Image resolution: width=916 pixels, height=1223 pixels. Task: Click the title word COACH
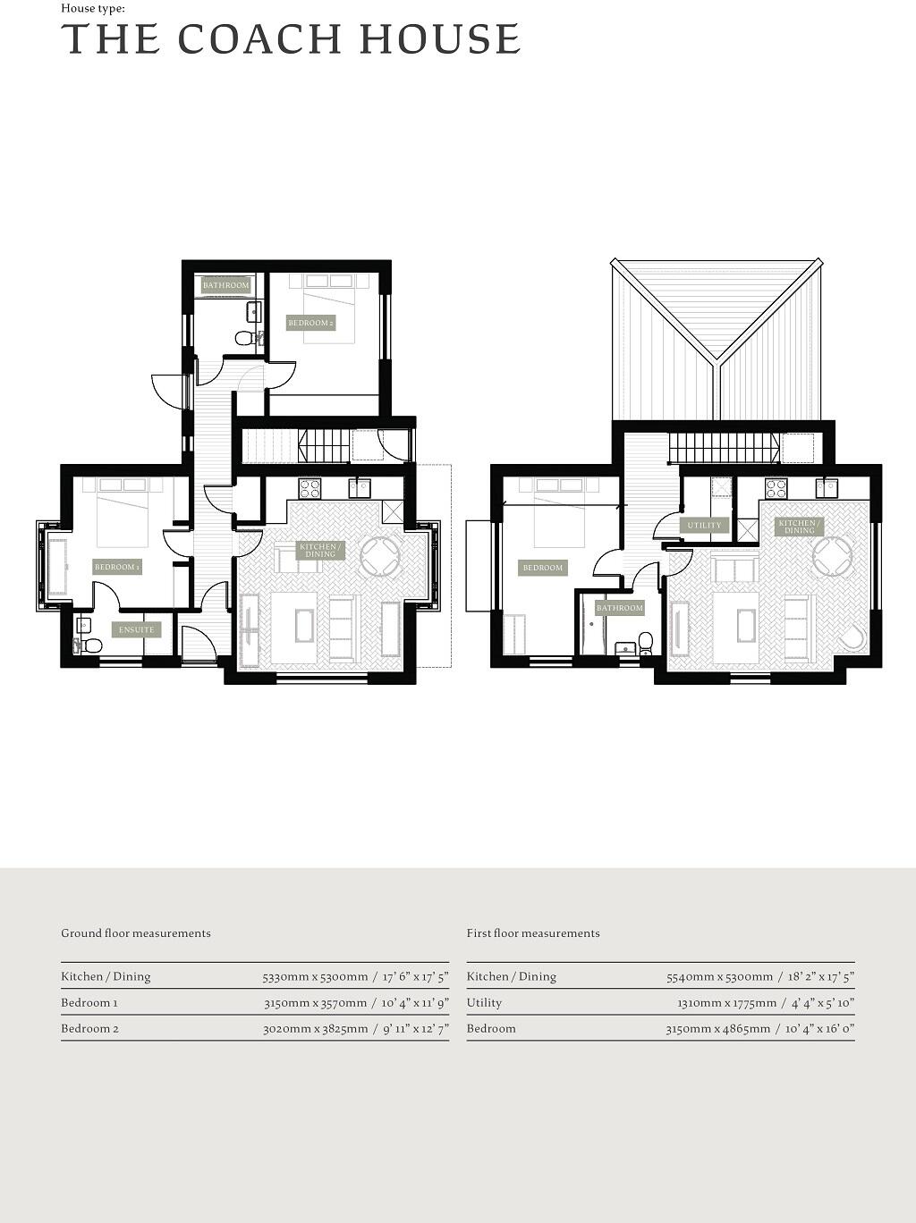pos(259,39)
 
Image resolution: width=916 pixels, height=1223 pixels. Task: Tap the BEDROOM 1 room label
pos(117,567)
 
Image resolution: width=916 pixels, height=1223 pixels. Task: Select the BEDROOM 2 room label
pos(310,323)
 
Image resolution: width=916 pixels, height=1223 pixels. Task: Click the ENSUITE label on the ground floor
pos(136,629)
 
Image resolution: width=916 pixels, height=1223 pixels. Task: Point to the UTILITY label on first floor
pos(704,525)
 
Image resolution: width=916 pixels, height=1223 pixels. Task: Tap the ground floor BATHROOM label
pos(225,285)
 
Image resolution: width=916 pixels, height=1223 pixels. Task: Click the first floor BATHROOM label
pos(619,608)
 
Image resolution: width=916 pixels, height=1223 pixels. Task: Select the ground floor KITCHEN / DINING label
pos(319,550)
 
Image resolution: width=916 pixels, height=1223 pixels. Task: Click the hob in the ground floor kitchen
pos(310,488)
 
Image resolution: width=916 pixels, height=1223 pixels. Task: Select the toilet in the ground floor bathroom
pos(243,339)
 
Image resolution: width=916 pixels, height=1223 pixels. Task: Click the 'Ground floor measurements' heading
pos(136,933)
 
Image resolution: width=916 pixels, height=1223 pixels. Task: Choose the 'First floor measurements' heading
pos(533,933)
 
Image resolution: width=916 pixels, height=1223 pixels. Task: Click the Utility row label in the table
pos(484,1002)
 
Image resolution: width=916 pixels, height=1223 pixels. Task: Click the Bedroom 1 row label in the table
pos(89,1002)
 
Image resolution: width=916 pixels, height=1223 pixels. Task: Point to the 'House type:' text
pos(93,8)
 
